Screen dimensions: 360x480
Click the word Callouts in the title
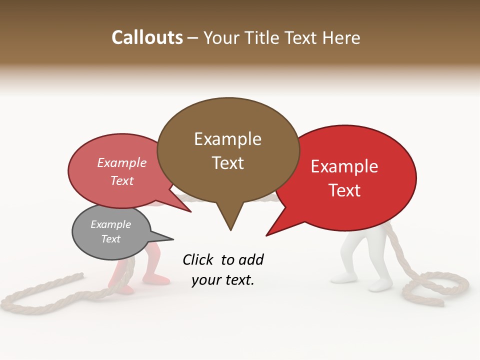point(147,37)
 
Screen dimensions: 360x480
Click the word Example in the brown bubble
point(227,139)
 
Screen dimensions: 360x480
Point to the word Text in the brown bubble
point(227,163)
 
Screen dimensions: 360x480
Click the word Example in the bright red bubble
point(344,166)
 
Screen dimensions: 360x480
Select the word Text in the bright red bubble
point(345,190)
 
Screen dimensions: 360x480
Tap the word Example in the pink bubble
point(122,162)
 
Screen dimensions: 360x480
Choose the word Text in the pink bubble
point(122,180)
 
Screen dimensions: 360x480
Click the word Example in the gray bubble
point(110,224)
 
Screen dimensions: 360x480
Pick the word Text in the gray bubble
point(110,239)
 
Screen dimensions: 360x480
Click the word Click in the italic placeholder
point(198,259)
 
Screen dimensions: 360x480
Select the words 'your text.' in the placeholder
point(223,280)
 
